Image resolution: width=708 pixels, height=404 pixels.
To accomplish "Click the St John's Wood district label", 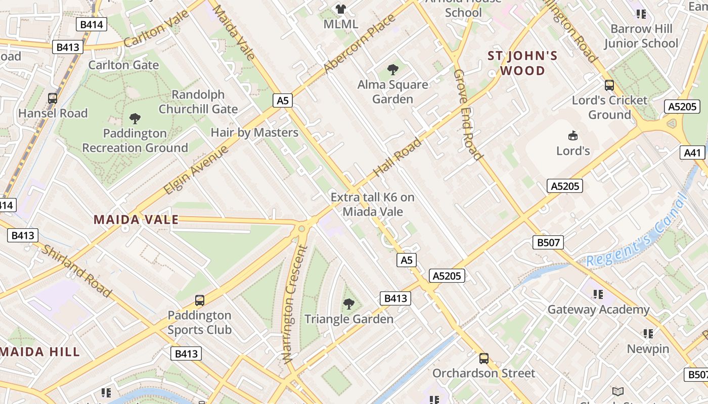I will (523, 63).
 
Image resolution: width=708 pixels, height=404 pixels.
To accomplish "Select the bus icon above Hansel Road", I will (53, 98).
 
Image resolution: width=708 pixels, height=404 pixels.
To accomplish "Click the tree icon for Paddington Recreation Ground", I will (135, 119).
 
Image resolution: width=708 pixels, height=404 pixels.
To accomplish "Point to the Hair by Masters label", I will (254, 133).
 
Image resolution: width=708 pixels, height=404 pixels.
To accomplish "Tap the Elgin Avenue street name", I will (196, 168).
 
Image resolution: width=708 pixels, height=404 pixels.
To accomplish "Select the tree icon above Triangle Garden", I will (348, 304).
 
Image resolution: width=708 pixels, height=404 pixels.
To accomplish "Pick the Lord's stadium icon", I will (573, 135).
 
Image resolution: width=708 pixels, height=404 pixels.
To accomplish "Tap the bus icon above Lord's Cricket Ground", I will (609, 85).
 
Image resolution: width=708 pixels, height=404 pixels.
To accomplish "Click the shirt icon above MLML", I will (341, 9).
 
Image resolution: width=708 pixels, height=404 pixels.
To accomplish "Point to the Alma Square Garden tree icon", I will (392, 70).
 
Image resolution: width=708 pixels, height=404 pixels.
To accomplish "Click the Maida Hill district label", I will (40, 351).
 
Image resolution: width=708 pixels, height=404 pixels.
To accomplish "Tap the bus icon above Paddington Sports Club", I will (200, 300).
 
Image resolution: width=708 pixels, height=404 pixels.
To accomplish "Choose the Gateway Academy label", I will (598, 310).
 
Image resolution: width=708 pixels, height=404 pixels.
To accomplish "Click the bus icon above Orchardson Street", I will (484, 359).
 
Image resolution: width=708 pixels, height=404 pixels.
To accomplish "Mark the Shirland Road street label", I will (76, 271).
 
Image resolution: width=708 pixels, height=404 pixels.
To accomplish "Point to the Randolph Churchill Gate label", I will (198, 102).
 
